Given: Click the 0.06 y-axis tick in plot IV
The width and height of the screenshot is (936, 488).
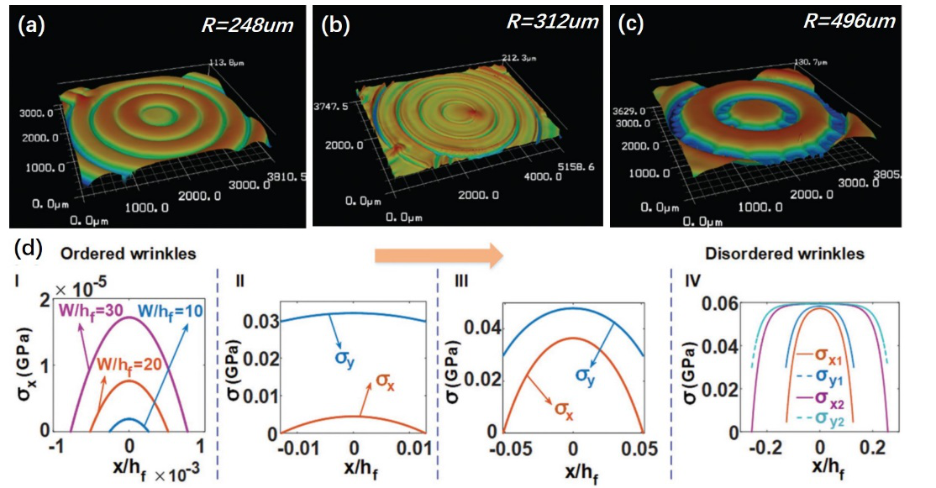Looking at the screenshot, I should [x=707, y=303].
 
